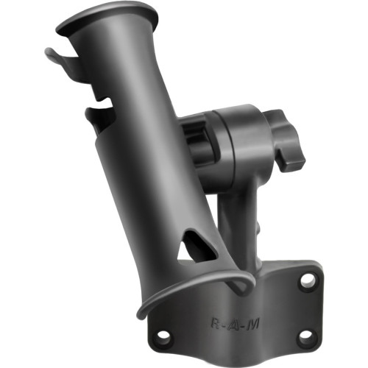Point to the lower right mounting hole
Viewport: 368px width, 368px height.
(304, 336)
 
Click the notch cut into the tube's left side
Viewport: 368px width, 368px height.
(99, 118)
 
